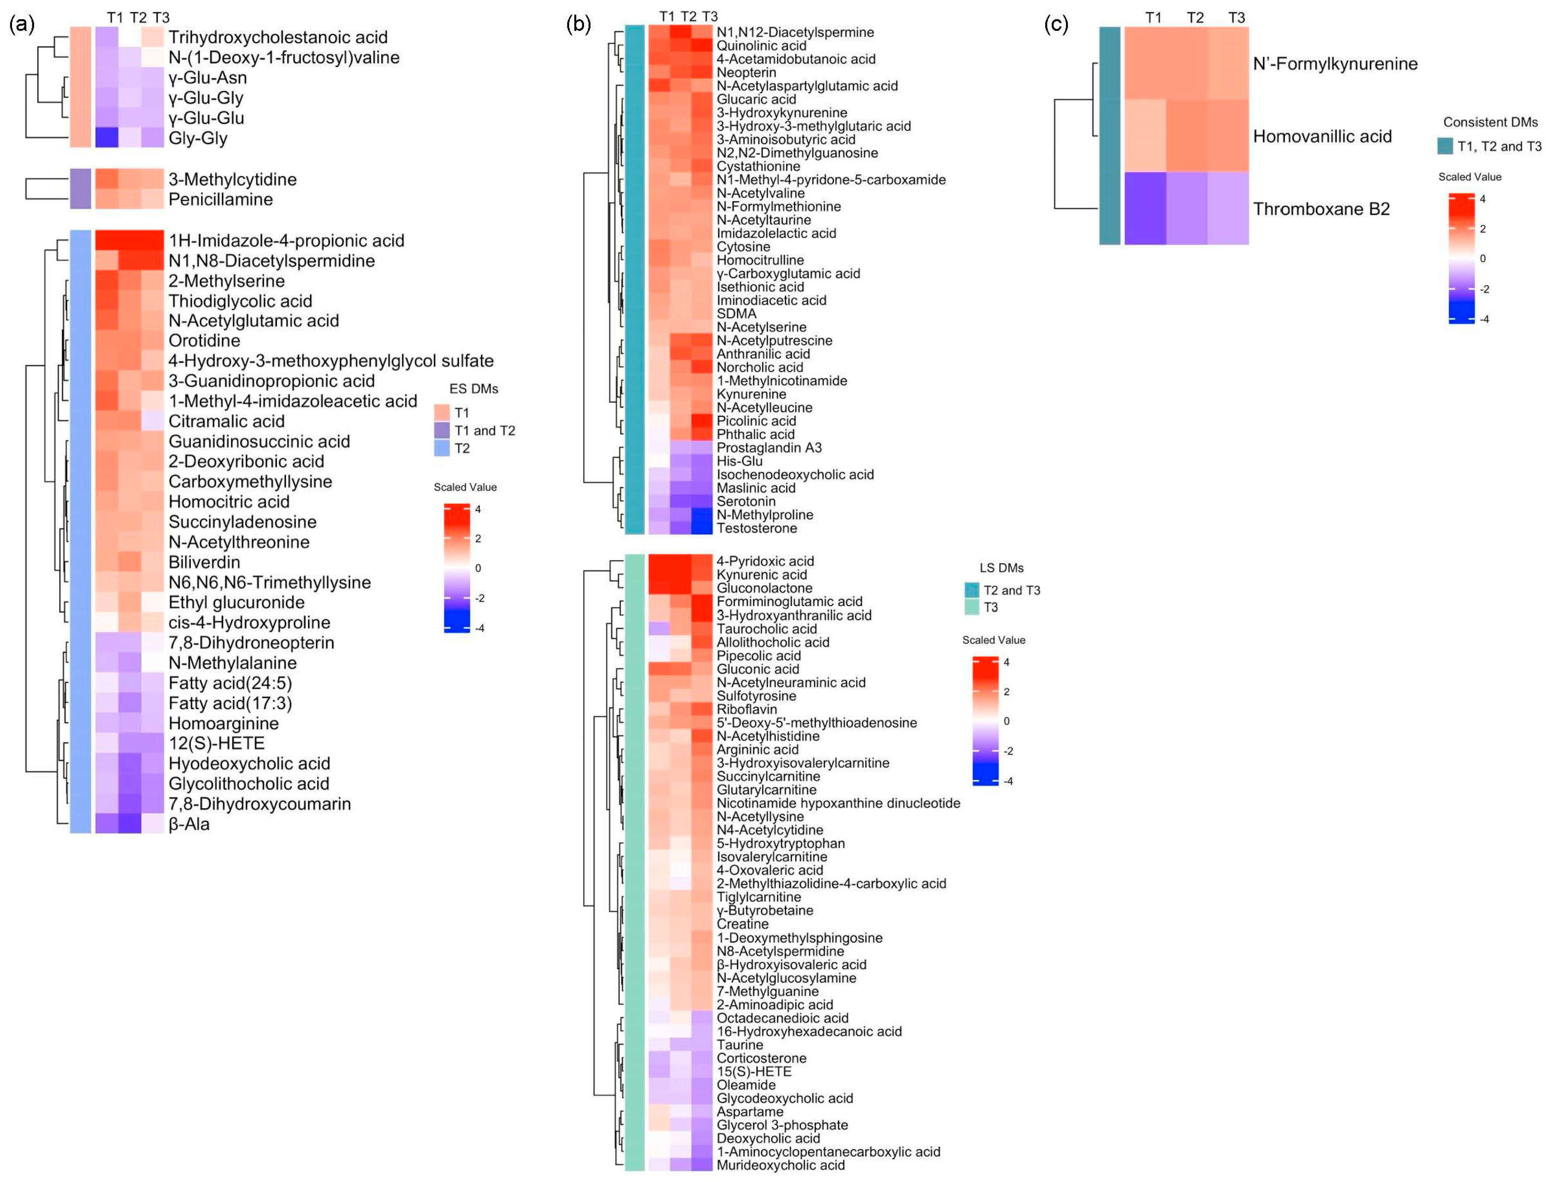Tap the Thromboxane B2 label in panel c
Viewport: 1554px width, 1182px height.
1321,209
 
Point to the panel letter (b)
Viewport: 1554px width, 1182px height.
578,24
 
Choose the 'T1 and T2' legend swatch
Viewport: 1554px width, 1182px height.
442,430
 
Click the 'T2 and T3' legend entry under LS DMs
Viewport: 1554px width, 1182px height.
1011,590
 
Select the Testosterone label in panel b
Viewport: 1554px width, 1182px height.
756,528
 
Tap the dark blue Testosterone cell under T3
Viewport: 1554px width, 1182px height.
701,528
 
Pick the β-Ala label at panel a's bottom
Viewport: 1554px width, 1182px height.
188,824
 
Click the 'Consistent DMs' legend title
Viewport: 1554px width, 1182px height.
1490,122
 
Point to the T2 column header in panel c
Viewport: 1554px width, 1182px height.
1195,17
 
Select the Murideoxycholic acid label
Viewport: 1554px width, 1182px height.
780,1165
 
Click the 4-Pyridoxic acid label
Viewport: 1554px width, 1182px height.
765,561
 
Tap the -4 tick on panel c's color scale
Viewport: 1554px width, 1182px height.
1484,319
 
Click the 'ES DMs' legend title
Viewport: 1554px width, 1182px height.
474,388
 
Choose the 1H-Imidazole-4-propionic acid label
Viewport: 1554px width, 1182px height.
286,241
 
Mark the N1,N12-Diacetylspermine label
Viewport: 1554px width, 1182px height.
795,32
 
